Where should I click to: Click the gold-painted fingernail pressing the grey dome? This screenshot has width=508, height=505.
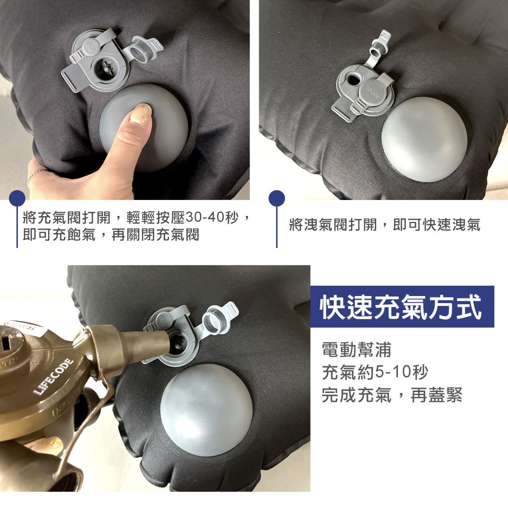click(x=142, y=113)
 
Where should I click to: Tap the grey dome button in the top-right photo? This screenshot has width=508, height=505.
click(x=424, y=139)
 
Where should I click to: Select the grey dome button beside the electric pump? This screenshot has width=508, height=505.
click(x=206, y=410)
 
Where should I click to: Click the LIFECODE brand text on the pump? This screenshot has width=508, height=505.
click(x=54, y=377)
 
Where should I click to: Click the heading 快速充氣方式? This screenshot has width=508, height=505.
click(x=401, y=307)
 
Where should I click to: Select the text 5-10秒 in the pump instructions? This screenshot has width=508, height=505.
click(x=401, y=372)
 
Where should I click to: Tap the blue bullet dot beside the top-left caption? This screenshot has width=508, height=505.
click(x=17, y=198)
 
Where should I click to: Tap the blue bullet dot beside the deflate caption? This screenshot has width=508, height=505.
click(x=277, y=198)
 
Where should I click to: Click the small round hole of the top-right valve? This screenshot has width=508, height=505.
click(x=352, y=79)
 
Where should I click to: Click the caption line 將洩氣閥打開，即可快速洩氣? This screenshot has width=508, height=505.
click(x=385, y=224)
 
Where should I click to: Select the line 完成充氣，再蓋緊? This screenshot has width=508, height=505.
click(x=392, y=395)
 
